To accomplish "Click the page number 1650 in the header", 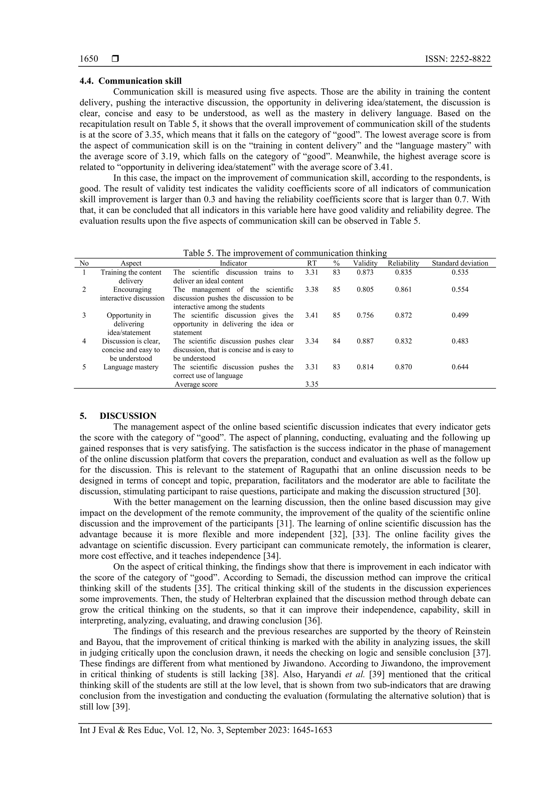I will pos(89,59).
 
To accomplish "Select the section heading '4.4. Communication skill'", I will pos(131,81).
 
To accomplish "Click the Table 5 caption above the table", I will pos(284,253).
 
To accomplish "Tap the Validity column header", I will pos(365,263).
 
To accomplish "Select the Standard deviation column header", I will pos(460,263).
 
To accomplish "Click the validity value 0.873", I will pos(365,272).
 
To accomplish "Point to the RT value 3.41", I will pos(312,315).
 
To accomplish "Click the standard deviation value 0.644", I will pos(460,367).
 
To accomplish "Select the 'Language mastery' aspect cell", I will pos(131,367).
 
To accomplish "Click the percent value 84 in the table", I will pos(336,341).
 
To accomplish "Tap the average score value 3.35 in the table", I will pos(312,384).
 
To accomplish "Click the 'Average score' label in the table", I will pos(196,384).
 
